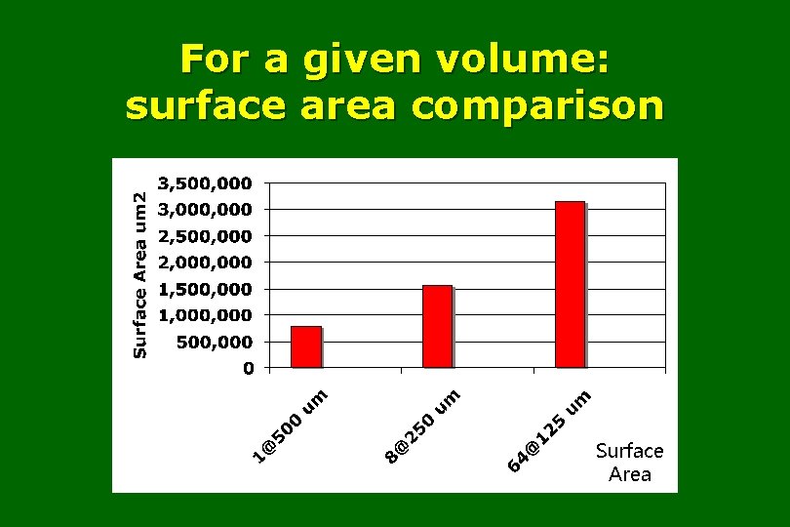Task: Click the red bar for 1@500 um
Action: (306, 346)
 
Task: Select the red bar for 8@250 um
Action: (437, 326)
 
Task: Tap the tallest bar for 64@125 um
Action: (570, 284)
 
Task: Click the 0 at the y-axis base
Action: (248, 369)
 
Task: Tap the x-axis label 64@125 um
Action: (549, 430)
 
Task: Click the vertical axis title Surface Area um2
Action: (140, 274)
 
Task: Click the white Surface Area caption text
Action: (629, 463)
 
